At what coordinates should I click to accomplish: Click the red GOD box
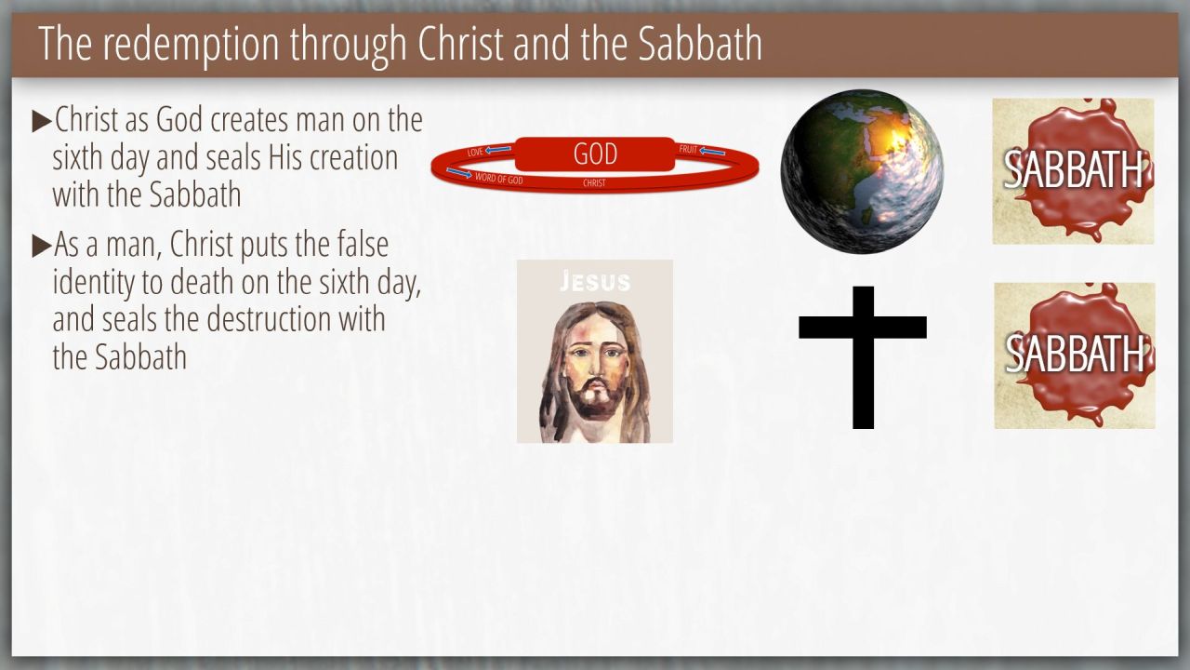pos(595,154)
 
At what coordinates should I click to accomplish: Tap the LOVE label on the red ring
pos(475,152)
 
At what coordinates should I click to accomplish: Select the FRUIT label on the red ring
pos(687,150)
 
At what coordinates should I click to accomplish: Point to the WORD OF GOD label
pos(499,179)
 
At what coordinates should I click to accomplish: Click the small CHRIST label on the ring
pos(594,183)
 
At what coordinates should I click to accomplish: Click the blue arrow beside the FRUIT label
pos(712,152)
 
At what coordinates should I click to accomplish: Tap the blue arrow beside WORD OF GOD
pos(459,173)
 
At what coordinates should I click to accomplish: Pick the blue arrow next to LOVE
pos(498,150)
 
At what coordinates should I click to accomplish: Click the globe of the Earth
pos(862,171)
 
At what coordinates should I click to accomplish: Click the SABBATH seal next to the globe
pos(1073,171)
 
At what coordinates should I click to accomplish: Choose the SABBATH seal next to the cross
pos(1075,355)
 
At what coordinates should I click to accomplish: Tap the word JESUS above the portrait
pos(595,281)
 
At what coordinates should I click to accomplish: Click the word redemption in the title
pos(191,45)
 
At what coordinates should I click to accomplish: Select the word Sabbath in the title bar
pos(700,43)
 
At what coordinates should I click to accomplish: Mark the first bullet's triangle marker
pos(42,121)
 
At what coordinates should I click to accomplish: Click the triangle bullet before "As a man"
pos(42,247)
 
